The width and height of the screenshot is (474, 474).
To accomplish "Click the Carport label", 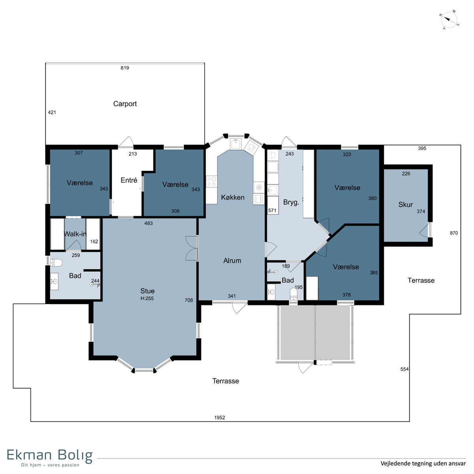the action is pos(125,104).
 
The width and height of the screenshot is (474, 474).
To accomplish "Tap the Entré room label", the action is pos(129,180).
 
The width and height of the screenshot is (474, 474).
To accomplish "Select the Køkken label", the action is pos(232,197).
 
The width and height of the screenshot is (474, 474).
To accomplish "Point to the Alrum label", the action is pos(232,260).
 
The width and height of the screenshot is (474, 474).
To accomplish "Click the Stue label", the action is pos(147,291).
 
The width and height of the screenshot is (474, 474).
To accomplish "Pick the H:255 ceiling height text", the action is pos(147,298).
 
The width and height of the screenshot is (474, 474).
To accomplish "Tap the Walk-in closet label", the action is pos(75,234).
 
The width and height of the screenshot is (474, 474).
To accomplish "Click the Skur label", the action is pos(405,204).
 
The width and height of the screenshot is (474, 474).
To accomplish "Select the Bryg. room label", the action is pos(291,202).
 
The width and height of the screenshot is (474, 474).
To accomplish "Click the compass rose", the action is pos(449,20).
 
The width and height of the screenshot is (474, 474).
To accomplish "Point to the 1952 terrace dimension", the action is pos(219,418).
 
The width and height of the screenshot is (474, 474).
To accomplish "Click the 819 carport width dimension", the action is pos(125,68).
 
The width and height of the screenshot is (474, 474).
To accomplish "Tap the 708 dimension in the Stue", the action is pos(189,300).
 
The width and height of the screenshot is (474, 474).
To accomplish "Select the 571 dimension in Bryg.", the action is pos(272,210).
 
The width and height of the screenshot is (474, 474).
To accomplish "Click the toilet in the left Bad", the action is pos(56,263).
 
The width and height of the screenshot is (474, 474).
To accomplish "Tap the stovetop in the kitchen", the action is pos(212,182).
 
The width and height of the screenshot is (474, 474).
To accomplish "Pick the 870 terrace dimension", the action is pos(454,233).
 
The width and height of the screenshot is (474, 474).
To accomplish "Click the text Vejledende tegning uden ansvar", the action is pos(423,463).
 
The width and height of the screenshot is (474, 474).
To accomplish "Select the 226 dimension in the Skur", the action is pos(406,173).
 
